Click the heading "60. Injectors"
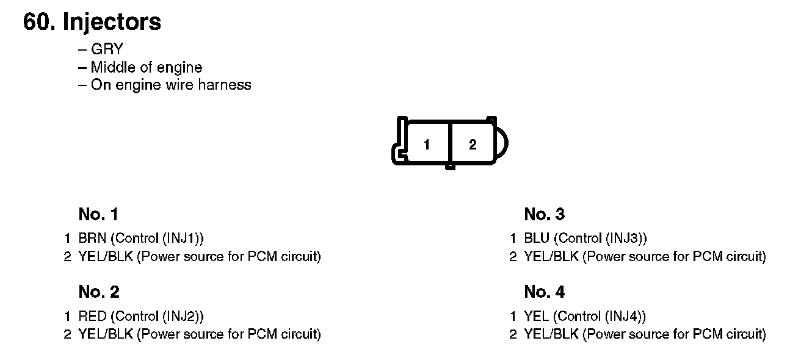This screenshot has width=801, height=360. tap(92, 22)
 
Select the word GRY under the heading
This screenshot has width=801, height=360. tap(107, 50)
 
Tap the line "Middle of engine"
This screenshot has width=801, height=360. tap(146, 67)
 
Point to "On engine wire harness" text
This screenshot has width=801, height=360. tap(170, 85)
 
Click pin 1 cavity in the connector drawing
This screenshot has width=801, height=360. tap(427, 145)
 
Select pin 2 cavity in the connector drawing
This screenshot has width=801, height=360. tap(473, 145)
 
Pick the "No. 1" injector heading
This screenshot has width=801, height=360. tap(98, 214)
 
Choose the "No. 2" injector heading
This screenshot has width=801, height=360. tap(99, 292)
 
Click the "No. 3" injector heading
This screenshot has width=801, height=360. tap(544, 214)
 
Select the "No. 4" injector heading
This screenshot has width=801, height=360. tap(544, 292)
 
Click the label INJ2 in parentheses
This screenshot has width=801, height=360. tap(181, 316)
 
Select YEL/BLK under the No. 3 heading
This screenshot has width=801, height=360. tap(551, 256)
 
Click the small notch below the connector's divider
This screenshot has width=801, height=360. tap(450, 166)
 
